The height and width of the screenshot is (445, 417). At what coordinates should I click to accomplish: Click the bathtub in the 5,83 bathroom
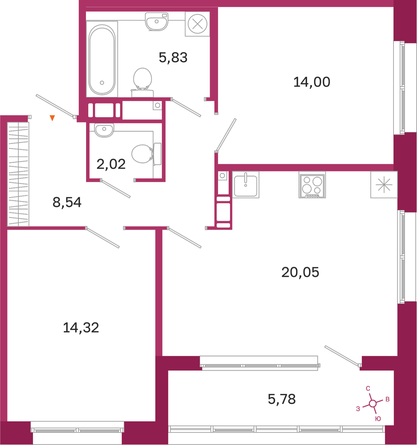click(x=102, y=59)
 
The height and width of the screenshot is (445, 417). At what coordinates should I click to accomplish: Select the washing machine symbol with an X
click(x=197, y=24)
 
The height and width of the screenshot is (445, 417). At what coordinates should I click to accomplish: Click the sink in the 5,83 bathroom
click(x=157, y=21)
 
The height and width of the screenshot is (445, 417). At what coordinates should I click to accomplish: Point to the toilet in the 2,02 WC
click(x=146, y=154)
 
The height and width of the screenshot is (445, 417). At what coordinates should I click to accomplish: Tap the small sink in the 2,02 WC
click(x=104, y=130)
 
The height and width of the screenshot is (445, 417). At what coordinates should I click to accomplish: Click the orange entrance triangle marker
click(x=52, y=118)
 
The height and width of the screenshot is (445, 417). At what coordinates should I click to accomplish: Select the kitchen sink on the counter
click(x=246, y=185)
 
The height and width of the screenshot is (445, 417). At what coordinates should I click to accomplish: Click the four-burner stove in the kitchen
click(x=312, y=185)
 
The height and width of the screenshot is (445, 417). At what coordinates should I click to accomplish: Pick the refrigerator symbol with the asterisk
click(x=384, y=184)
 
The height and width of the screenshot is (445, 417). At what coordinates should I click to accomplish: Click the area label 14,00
click(x=312, y=82)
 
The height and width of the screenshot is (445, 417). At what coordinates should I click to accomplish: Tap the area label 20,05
click(x=300, y=272)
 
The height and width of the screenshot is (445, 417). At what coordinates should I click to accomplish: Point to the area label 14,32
click(x=81, y=328)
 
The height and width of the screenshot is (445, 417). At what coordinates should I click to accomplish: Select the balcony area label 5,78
click(x=282, y=399)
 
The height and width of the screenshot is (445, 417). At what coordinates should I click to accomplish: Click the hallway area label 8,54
click(x=67, y=202)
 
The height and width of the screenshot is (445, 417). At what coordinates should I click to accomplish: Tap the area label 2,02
click(x=111, y=164)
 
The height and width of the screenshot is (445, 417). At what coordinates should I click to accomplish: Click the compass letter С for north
click(x=368, y=388)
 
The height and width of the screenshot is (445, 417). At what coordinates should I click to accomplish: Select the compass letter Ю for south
click(x=378, y=419)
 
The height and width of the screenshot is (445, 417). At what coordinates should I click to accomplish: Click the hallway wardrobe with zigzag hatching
click(x=18, y=174)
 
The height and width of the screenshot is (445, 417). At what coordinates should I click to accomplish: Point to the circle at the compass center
click(x=373, y=404)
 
